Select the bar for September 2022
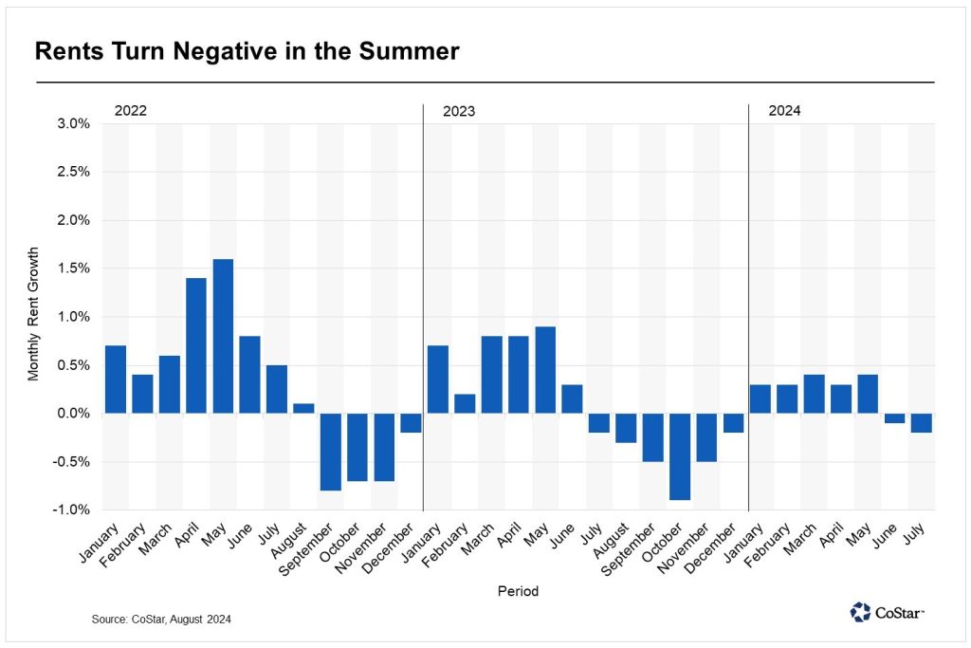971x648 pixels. pyautogui.click(x=330, y=452)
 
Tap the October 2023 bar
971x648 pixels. pyautogui.click(x=680, y=456)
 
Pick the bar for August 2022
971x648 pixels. pyautogui.click(x=303, y=408)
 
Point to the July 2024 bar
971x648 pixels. pyautogui.click(x=922, y=423)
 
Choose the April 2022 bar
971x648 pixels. pyautogui.click(x=196, y=345)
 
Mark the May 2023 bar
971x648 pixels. pyautogui.click(x=545, y=370)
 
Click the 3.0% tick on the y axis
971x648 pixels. pyautogui.click(x=73, y=123)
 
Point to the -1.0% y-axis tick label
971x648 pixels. pyautogui.click(x=71, y=510)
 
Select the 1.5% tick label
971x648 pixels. pyautogui.click(x=73, y=268)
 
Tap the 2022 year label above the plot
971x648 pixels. pyautogui.click(x=131, y=110)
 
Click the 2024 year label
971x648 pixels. pyautogui.click(x=784, y=110)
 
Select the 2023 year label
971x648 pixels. pyautogui.click(x=459, y=111)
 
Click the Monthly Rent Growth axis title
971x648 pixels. pyautogui.click(x=34, y=317)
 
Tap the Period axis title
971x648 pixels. pyautogui.click(x=518, y=591)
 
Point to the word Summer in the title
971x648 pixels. pyautogui.click(x=412, y=52)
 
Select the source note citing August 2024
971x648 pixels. pyautogui.click(x=161, y=619)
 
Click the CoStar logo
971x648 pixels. pyautogui.click(x=887, y=612)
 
